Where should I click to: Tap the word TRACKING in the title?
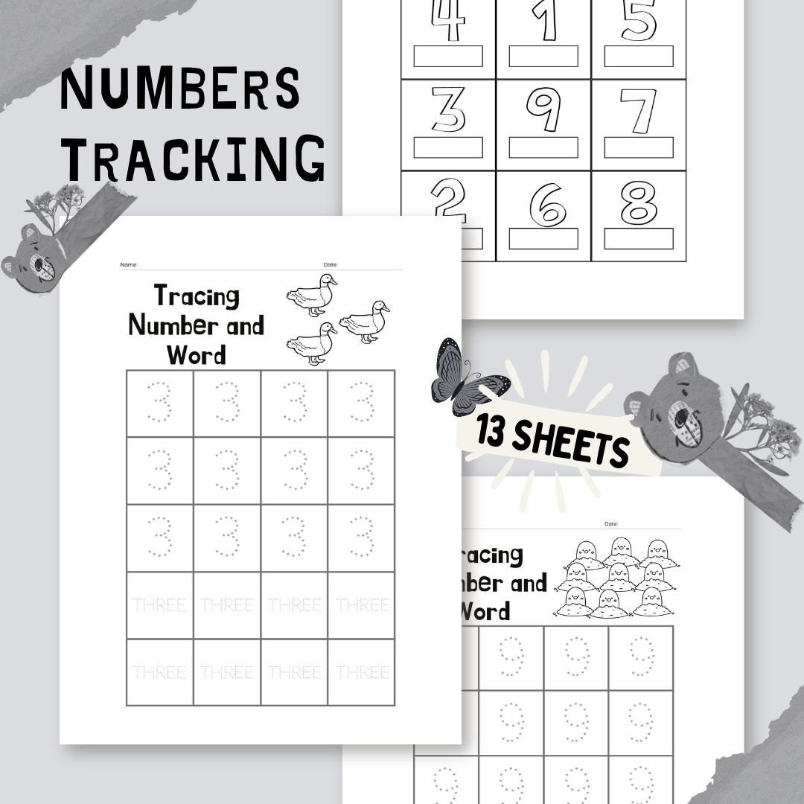tap(193, 159)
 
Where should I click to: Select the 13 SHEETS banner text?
tap(554, 441)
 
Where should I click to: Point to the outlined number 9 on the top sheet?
tap(543, 109)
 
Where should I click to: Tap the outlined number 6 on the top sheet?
tap(548, 205)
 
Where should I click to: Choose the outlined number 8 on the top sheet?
tap(639, 202)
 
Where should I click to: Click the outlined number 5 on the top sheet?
tap(639, 21)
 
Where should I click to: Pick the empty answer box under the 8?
tap(639, 239)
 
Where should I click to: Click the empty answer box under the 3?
tap(448, 147)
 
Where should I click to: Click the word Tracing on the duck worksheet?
tap(197, 296)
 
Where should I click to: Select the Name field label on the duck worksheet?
tap(129, 265)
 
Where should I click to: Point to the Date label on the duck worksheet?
tap(331, 265)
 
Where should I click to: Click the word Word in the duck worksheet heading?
tap(197, 354)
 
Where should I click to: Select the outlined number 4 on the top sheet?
tap(448, 21)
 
